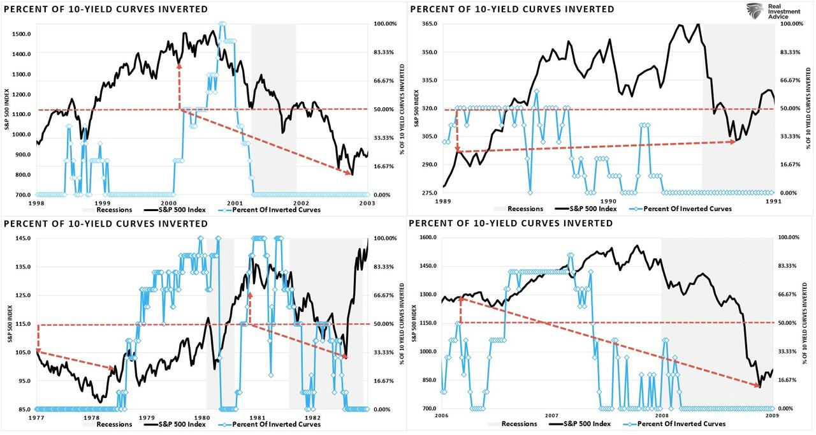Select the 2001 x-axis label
[x=235, y=202]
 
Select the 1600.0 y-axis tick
[x=426, y=237]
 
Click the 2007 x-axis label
[x=551, y=416]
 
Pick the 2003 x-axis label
[x=367, y=202]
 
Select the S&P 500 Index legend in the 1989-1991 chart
[x=590, y=209]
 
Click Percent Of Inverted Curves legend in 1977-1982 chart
[x=276, y=424]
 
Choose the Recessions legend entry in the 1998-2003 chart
[x=113, y=209]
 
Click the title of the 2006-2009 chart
[x=511, y=223]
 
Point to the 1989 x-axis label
[x=444, y=200]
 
